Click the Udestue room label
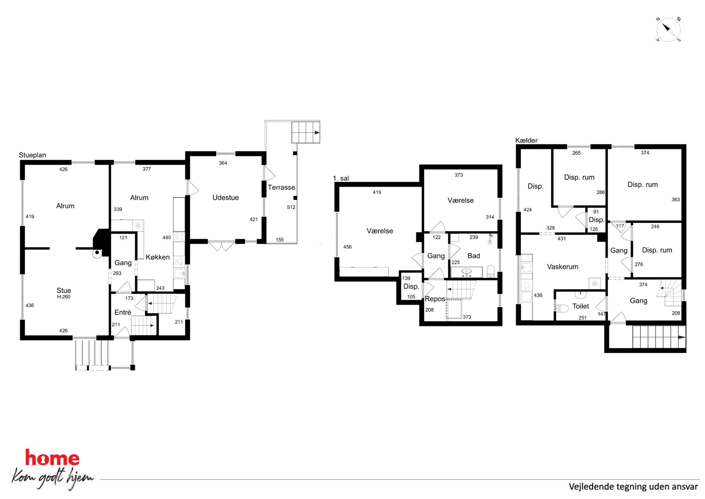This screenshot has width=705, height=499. pos(225,198)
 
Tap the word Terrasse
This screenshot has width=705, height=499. pos(281,187)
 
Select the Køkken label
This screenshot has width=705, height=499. pos(157,257)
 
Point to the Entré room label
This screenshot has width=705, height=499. pos(123,312)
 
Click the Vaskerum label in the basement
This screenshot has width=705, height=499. pos(563,267)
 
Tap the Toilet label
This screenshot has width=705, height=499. pos(581,306)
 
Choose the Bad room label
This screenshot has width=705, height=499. pos(474,256)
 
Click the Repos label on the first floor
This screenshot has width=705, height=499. pos(435,299)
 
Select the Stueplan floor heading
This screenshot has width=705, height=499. pos(32,155)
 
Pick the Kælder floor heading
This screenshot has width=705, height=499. pos(526,140)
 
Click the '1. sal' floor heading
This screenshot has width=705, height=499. pos(341,178)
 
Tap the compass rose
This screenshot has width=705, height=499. pos(668,30)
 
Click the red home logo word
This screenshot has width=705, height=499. pos(52,458)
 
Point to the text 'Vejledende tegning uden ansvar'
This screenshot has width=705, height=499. pos(633,487)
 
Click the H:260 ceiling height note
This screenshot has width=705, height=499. pos(64,297)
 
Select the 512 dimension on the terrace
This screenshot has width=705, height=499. pos(291,207)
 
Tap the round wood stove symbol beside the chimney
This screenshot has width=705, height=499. pos(97,253)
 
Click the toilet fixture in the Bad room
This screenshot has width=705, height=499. pos(490,271)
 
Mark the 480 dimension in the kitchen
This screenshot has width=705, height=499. pos(167,238)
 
